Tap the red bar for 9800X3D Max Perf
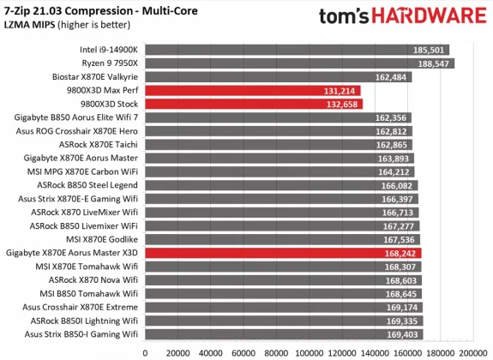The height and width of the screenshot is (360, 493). (253, 90)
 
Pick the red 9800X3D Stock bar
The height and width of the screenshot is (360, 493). (254, 104)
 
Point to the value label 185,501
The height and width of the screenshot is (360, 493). (431, 50)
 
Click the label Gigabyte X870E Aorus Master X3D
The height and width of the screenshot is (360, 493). (74, 253)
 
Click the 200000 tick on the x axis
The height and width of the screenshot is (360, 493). (472, 351)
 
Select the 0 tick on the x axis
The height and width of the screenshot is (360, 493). (146, 351)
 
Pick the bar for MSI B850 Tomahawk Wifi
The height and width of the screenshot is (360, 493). (283, 293)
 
